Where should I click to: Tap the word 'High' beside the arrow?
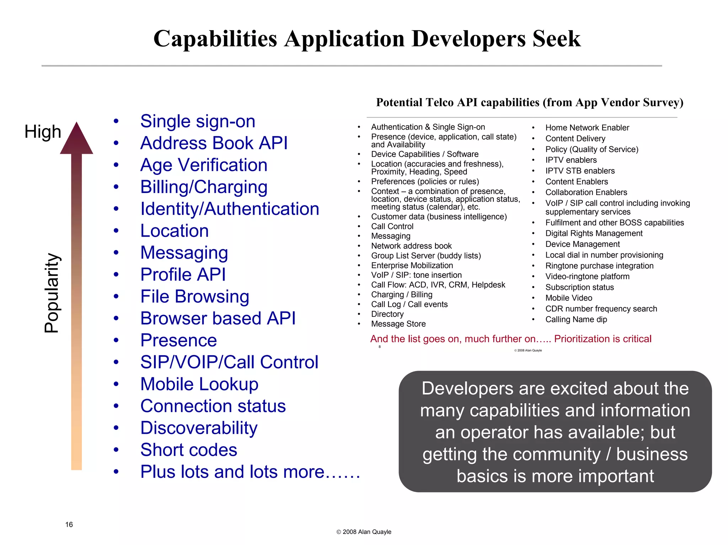coord(43,132)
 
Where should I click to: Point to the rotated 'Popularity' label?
coord(52,293)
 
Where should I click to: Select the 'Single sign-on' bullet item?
coord(198,122)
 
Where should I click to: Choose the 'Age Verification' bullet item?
coord(204,165)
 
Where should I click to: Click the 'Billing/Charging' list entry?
coord(204,187)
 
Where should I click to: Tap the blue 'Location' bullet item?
coord(174,231)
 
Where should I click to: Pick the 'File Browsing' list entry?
coord(194,297)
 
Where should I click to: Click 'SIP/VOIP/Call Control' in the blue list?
coord(229,362)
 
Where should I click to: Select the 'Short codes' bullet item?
coord(188,450)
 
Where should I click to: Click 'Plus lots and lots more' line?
coord(250,472)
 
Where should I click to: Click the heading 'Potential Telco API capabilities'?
coord(530,102)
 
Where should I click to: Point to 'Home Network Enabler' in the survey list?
coord(587,128)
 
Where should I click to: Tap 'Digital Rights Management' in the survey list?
coord(594,233)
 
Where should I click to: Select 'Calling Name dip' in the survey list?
coord(576,319)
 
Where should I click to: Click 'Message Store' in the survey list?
coord(398,324)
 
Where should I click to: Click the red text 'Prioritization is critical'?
coord(603,339)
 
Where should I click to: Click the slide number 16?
coord(69,525)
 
